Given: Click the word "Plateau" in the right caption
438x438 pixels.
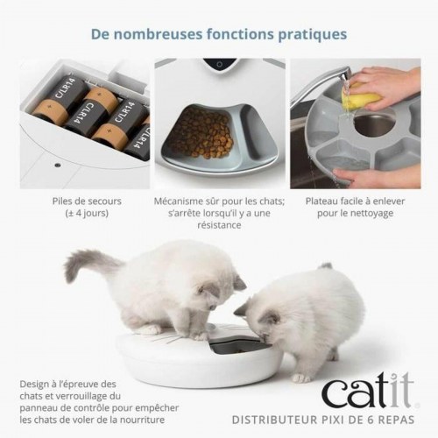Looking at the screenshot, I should [x=326, y=201].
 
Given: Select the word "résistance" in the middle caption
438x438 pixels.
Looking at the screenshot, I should [x=220, y=225].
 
